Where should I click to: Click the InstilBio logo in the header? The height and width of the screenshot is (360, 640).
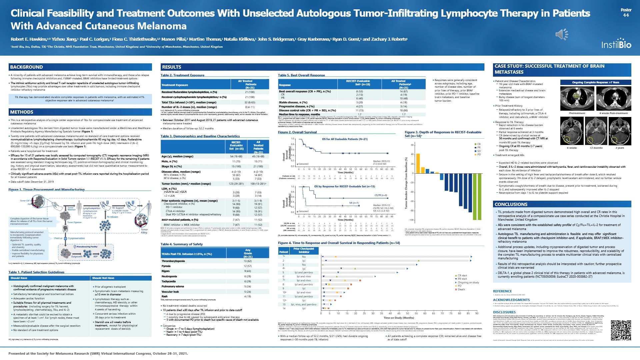coord(616,44)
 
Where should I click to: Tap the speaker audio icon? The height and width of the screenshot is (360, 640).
coord(562,34)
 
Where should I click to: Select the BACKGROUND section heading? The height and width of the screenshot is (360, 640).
coord(26,67)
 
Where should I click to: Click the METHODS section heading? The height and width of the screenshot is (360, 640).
coord(22,112)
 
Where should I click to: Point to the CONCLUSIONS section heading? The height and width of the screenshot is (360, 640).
coord(511,204)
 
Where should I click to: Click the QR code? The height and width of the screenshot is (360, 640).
coord(621,330)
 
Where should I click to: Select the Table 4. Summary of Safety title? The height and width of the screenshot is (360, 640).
coord(181,244)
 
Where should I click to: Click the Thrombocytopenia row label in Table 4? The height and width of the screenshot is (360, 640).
coord(173,261)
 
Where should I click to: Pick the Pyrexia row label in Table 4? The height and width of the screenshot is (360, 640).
coord(166,266)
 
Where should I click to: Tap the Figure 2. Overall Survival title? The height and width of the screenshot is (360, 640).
coord(297,132)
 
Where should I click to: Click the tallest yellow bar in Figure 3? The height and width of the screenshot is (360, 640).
coord(418,163)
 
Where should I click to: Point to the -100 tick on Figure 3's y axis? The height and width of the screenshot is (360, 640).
coord(411,220)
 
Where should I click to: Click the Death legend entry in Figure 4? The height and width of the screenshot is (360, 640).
coord(461,289)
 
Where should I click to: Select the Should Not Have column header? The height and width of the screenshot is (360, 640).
coord(103,278)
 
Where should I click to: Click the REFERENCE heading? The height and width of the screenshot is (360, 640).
coord(502,291)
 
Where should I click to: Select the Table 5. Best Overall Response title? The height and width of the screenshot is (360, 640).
coord(301,75)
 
